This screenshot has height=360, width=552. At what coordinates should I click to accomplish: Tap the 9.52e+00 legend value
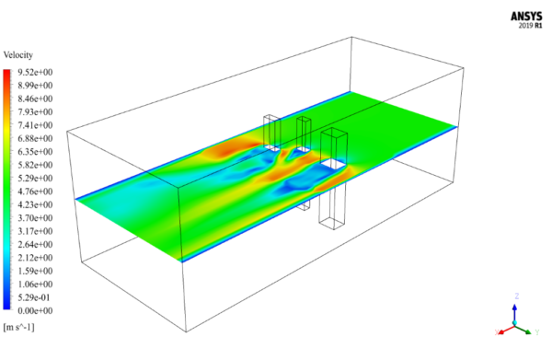pos(34,72)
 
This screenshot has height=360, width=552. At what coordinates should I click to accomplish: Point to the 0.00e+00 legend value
pos(34,311)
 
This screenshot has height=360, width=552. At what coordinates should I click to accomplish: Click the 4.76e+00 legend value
pos(34,192)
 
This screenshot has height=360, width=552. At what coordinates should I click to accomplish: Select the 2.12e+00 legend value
pos(34,258)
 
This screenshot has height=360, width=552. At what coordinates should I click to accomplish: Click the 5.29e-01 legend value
pos(34,297)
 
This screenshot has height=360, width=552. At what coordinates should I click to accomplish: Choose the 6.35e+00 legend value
pos(34,152)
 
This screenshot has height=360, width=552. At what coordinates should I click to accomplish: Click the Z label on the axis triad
pos(518,296)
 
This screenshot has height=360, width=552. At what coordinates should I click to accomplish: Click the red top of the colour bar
pos(8,73)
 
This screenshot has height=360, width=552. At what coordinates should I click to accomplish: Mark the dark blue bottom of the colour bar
pos(8,309)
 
